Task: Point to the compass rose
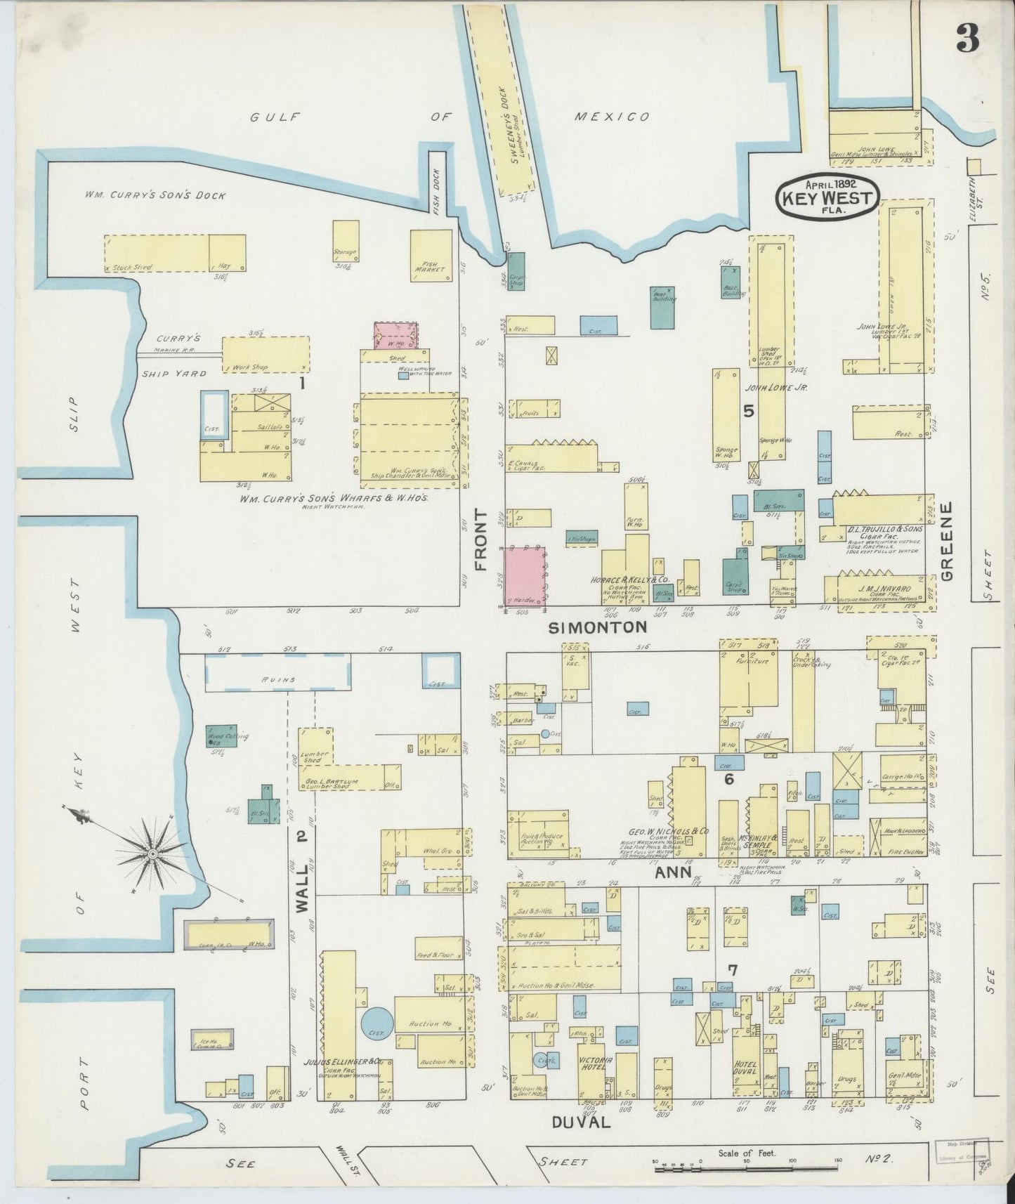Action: point(152,853)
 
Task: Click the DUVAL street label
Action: point(571,1123)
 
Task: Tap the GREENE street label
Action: point(946,541)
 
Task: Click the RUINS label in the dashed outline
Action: point(277,680)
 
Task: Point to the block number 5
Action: point(749,411)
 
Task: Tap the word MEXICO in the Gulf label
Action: point(611,117)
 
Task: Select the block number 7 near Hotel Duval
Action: point(733,971)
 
